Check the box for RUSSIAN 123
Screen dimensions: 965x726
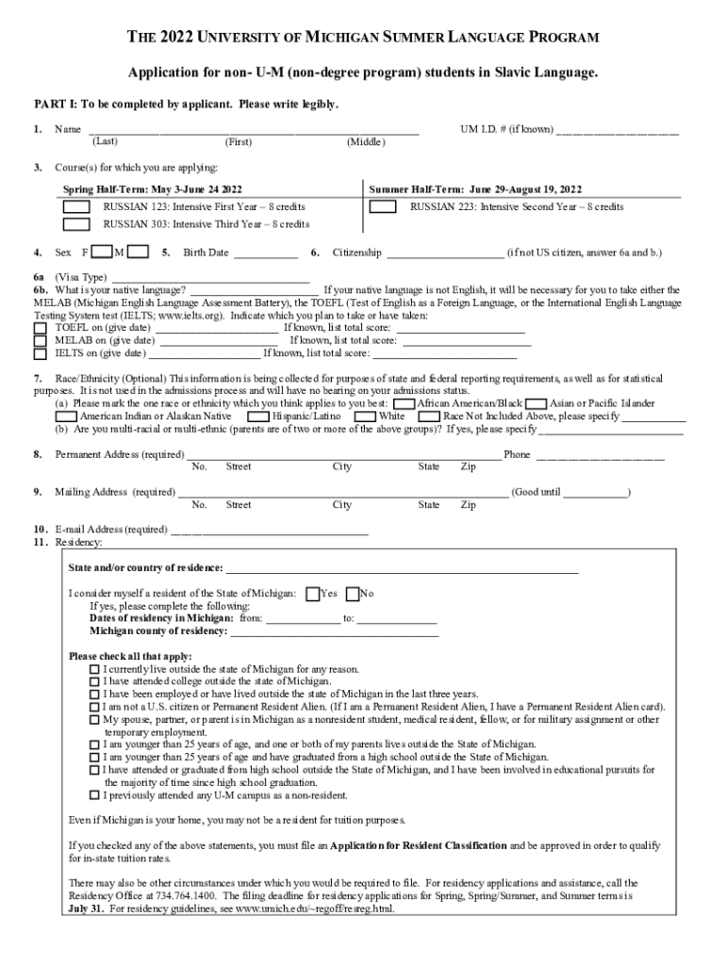pyautogui.click(x=76, y=206)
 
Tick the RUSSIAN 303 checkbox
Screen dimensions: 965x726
pyautogui.click(x=76, y=224)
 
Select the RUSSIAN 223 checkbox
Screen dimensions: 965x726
pyautogui.click(x=383, y=206)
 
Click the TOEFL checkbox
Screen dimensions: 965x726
pyautogui.click(x=40, y=327)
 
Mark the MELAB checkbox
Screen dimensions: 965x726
pyautogui.click(x=40, y=340)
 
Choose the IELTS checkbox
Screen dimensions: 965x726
pyautogui.click(x=40, y=354)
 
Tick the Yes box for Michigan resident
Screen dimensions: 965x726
pyautogui.click(x=313, y=594)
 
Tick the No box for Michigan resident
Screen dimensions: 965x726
pyautogui.click(x=353, y=594)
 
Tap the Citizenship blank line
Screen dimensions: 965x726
pyautogui.click(x=445, y=254)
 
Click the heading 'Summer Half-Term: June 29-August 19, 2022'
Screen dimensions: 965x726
pyautogui.click(x=475, y=188)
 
